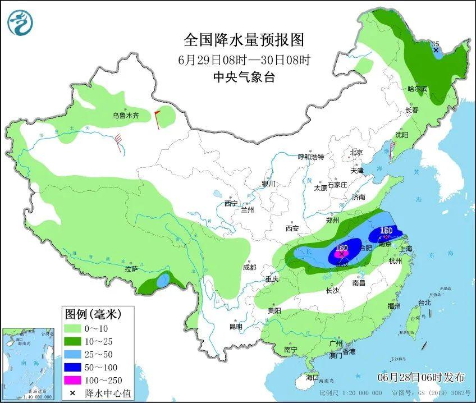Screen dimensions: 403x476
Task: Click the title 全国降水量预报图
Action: point(244,40)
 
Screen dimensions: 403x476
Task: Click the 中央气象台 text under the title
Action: point(244,78)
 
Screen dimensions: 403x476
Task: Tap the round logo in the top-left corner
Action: point(20,22)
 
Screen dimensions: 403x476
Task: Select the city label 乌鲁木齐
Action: point(125,116)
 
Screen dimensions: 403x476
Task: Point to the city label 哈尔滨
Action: point(417,89)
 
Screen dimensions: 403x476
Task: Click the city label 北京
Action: point(356,153)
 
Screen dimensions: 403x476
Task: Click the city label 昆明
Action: point(236,327)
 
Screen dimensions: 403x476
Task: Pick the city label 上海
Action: point(405,249)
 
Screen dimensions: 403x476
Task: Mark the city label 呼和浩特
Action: point(310,157)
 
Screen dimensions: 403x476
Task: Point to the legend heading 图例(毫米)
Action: point(91,313)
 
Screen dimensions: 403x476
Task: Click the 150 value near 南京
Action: point(386,231)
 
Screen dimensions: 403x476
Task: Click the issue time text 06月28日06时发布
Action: point(421,376)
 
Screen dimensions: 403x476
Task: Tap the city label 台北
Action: point(424,303)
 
